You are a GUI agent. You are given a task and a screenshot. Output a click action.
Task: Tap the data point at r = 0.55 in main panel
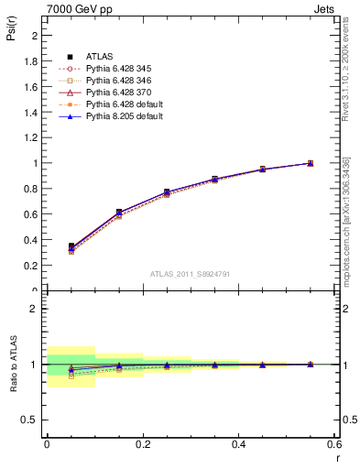[x=311, y=163]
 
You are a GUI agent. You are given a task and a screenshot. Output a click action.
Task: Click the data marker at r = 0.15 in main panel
[x=118, y=213]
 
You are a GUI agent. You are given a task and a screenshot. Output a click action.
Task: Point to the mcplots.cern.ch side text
[x=346, y=220]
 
